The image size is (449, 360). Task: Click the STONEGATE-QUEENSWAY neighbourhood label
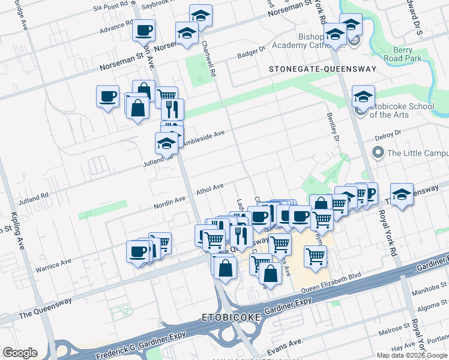click(322, 69)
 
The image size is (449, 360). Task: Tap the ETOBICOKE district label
click(231, 316)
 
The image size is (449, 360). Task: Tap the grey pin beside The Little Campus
click(378, 153)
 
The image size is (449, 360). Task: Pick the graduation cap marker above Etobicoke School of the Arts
click(363, 96)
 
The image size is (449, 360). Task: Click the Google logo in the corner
click(20, 353)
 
